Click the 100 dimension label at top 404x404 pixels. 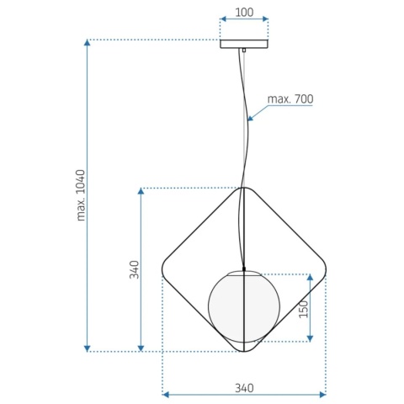pos(244,13)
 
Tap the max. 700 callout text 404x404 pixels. pos(290,99)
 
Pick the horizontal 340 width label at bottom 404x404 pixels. pos(244,388)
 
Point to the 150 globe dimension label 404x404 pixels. pos(302,309)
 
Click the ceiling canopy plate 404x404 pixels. pos(244,44)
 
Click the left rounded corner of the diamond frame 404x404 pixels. pos(164,268)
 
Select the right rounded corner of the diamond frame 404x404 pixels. pos(322,269)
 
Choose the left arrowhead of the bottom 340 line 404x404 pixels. pos(166,393)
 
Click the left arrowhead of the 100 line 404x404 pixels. pos(223,18)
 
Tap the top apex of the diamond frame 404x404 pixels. pos(242,189)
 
